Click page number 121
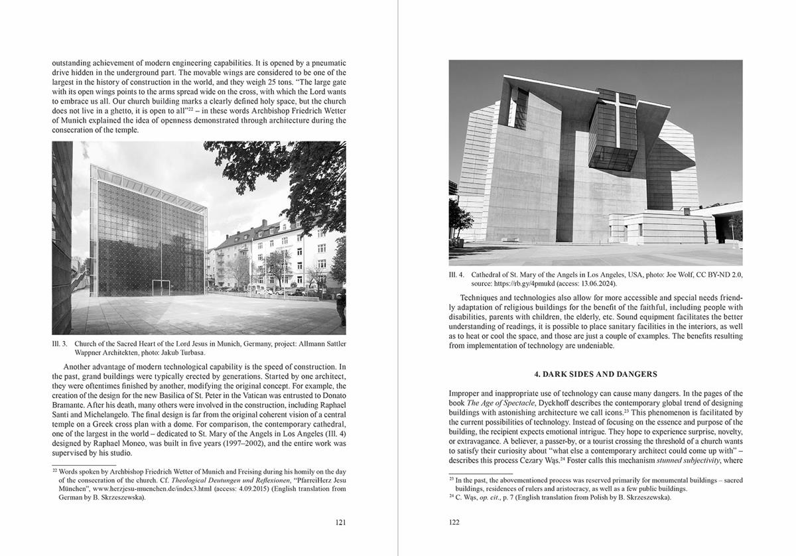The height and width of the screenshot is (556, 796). (340, 522)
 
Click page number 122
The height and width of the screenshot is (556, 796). (454, 522)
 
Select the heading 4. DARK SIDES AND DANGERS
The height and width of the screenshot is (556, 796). (595, 374)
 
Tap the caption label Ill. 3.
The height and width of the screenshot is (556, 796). (60, 344)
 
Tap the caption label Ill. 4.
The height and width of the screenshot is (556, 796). (457, 273)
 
